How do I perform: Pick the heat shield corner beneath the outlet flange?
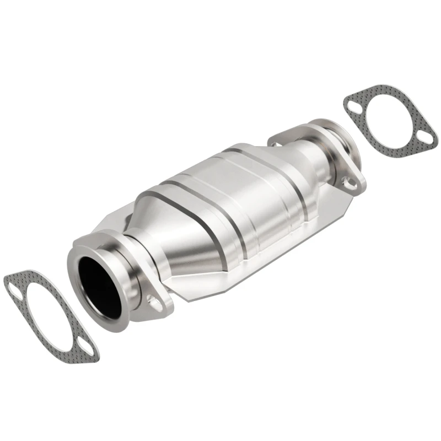coord(342,204)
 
